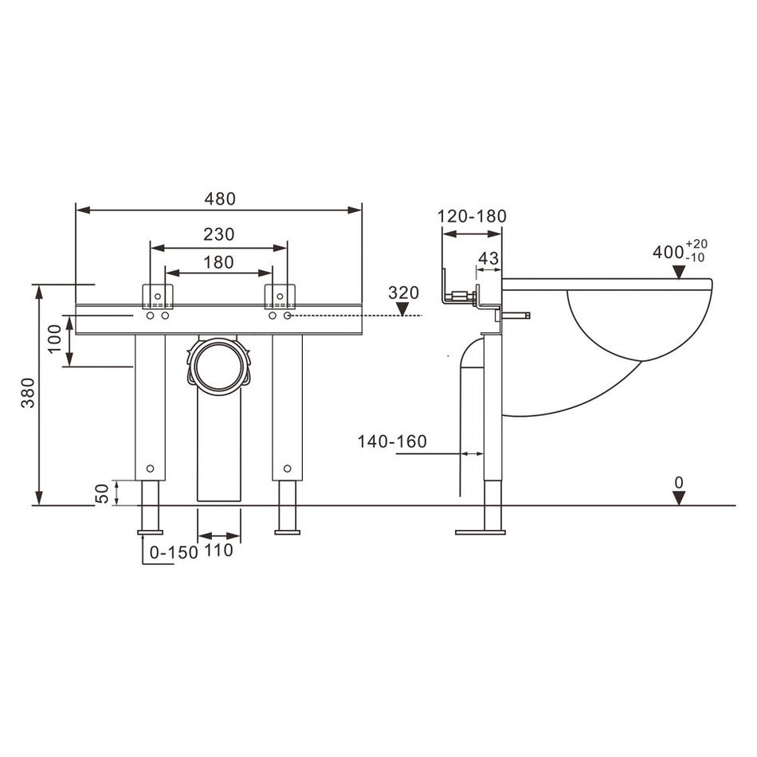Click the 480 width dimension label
tap(220, 198)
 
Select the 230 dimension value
tap(218, 234)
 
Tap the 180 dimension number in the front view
tap(218, 262)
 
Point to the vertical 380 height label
tap(28, 393)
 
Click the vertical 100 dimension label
tap(54, 339)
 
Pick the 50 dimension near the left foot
tap(102, 493)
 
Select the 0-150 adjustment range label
tap(174, 552)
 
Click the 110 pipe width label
tap(218, 550)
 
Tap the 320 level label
tap(404, 292)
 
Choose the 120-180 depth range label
tap(472, 216)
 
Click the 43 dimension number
tap(488, 258)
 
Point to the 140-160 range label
tap(392, 441)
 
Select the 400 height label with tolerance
tap(681, 250)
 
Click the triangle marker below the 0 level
tap(679, 498)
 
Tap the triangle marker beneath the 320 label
tap(402, 309)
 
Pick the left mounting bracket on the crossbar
tap(158, 296)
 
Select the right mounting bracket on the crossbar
tap(280, 296)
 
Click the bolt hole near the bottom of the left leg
tap(150, 469)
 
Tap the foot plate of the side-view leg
tap(480, 532)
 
